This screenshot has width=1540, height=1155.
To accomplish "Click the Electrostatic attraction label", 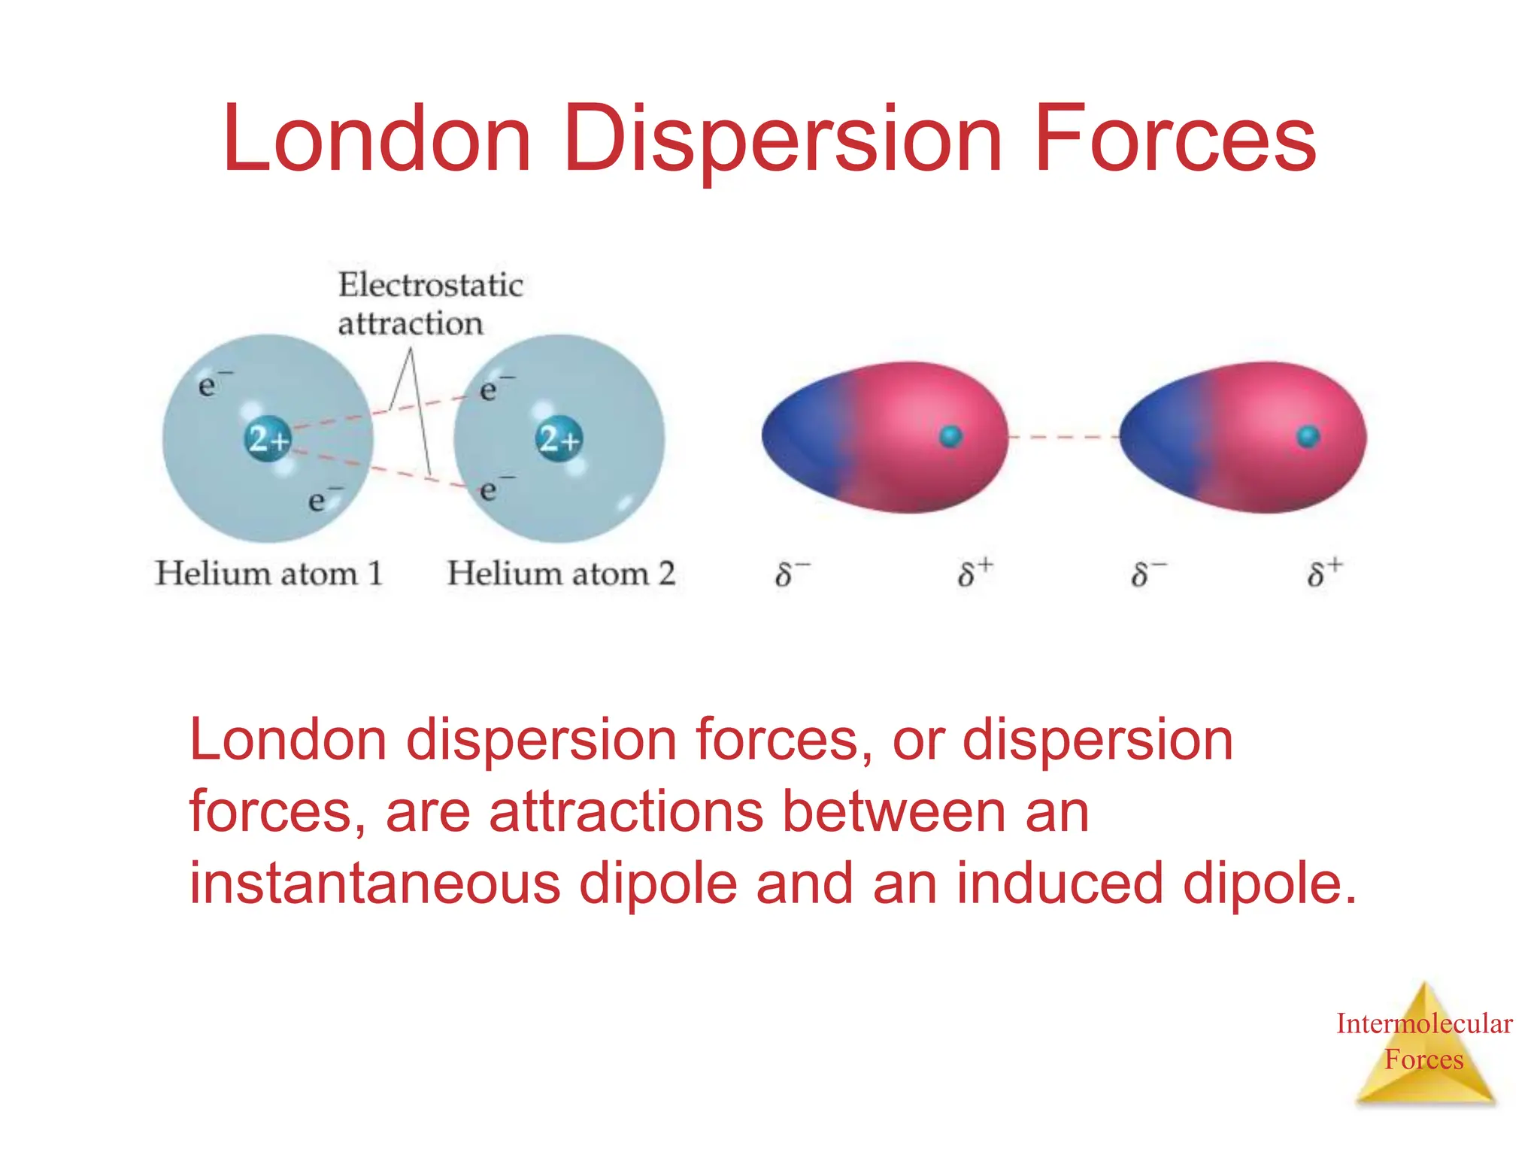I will click(429, 304).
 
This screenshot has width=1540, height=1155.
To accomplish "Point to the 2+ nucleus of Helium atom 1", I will click(268, 438).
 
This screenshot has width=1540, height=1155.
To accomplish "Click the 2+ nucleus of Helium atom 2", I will click(559, 438).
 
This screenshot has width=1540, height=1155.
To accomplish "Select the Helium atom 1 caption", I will click(268, 574).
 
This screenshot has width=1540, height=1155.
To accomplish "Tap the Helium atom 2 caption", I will click(560, 574).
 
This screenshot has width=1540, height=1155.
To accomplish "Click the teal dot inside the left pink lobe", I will click(951, 436).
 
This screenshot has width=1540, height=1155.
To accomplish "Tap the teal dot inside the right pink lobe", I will click(1308, 436).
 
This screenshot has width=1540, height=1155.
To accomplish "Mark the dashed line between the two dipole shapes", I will click(1063, 437).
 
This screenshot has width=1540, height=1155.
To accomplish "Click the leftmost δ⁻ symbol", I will click(790, 574).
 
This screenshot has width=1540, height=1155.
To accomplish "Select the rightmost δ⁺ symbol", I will click(1324, 573).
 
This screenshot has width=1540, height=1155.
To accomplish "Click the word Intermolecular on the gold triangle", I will click(1423, 1023).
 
